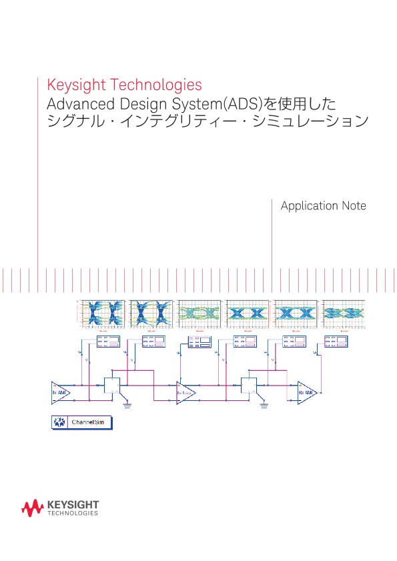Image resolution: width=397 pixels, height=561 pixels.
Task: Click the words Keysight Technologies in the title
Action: tap(124, 85)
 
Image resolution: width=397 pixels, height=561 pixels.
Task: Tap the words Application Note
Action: tap(323, 206)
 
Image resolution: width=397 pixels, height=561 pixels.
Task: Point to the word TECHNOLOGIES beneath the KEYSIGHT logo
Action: tap(73, 514)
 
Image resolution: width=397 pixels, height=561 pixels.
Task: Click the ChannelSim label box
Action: tap(82, 422)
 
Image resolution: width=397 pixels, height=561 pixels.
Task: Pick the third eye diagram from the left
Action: tap(200, 312)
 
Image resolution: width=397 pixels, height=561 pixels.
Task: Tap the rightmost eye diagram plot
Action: tap(344, 312)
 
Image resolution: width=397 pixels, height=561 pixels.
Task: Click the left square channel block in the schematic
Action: tap(112, 386)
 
